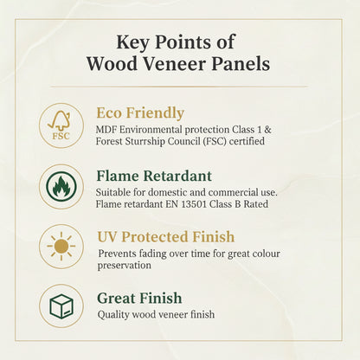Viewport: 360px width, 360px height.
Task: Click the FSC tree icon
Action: [61, 125]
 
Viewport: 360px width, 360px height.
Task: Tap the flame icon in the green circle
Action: [61, 186]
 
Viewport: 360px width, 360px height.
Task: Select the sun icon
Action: [61, 246]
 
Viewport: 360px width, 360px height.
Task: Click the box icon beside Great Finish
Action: [61, 305]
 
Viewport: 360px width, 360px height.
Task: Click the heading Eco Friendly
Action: [140, 112]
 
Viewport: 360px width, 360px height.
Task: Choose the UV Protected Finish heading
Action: [165, 236]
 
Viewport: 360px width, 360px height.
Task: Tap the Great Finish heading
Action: [138, 299]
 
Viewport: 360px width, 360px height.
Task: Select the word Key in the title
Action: [133, 42]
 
